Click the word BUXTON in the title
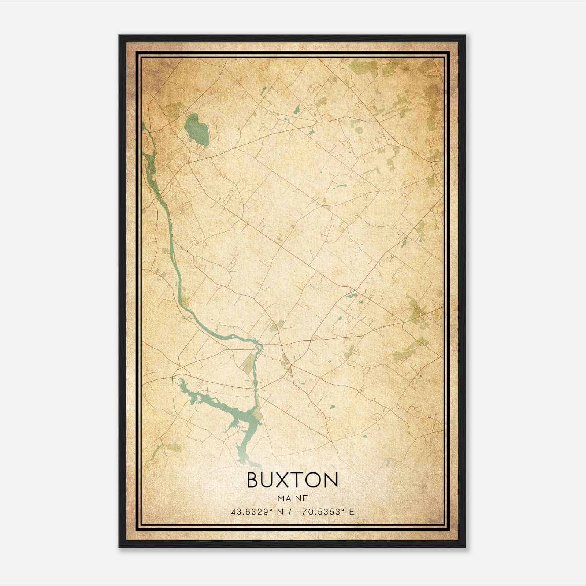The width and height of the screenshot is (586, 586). pos(292,479)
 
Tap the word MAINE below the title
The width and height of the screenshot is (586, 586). pos(292,498)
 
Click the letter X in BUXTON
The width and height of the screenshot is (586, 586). pos(291,479)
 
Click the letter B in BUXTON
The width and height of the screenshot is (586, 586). pos(254,479)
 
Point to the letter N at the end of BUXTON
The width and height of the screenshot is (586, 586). pos(330,479)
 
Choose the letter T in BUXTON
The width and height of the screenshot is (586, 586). pos(305,479)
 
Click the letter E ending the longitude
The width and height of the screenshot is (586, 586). pos(352,512)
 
